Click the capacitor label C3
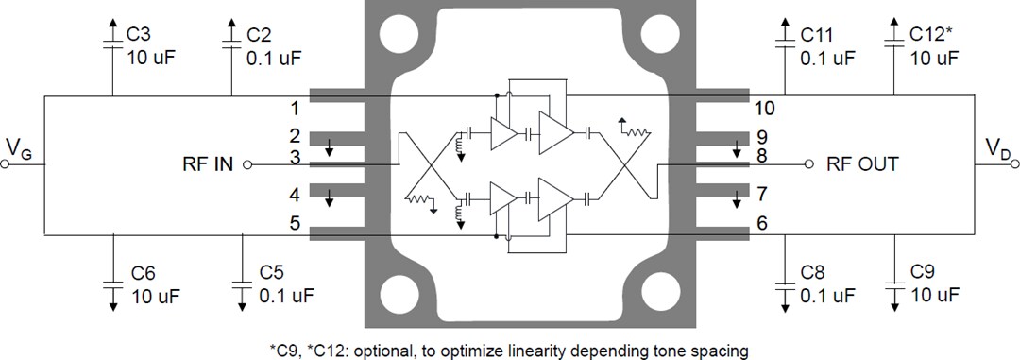(138, 34)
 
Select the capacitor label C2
(259, 34)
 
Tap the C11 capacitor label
(817, 34)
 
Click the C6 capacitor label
(143, 273)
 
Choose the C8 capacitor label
(811, 273)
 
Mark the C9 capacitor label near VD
(924, 273)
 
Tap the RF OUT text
(861, 163)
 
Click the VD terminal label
(997, 146)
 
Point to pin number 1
(295, 108)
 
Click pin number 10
(765, 108)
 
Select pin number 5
(295, 224)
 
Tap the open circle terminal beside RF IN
(247, 163)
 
